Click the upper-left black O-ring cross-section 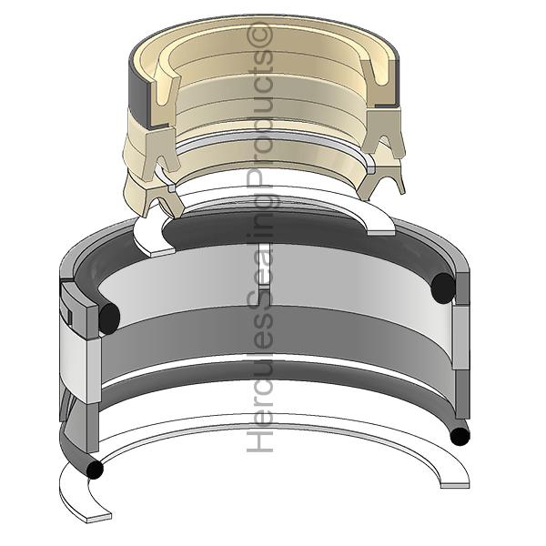109,316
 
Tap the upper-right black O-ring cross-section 443,288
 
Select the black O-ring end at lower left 94,470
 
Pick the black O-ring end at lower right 460,437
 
